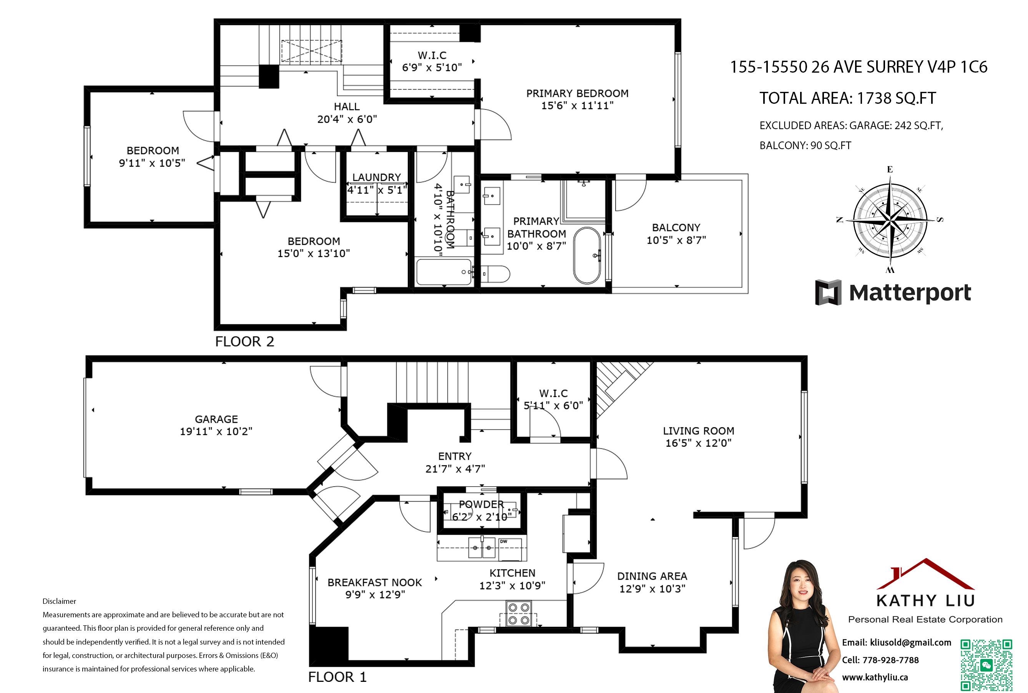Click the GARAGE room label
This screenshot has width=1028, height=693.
click(216, 419)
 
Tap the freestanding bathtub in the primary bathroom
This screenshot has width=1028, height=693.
click(587, 256)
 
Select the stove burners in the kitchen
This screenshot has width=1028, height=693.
click(519, 614)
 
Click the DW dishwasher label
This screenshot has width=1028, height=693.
click(503, 542)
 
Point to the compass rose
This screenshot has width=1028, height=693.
click(890, 219)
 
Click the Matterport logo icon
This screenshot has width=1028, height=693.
click(828, 292)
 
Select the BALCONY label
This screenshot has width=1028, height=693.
click(676, 228)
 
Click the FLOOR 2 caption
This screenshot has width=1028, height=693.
click(244, 342)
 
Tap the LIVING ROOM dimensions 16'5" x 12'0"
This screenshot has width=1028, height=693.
click(698, 443)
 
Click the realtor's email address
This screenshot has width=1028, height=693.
click(910, 643)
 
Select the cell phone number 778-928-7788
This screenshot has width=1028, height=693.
click(890, 660)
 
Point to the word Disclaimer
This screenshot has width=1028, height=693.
click(59, 601)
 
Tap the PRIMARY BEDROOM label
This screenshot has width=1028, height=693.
click(577, 94)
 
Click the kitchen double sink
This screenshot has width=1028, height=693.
click(482, 548)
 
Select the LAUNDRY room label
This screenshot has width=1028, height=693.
click(376, 177)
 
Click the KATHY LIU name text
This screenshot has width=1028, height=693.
click(925, 601)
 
